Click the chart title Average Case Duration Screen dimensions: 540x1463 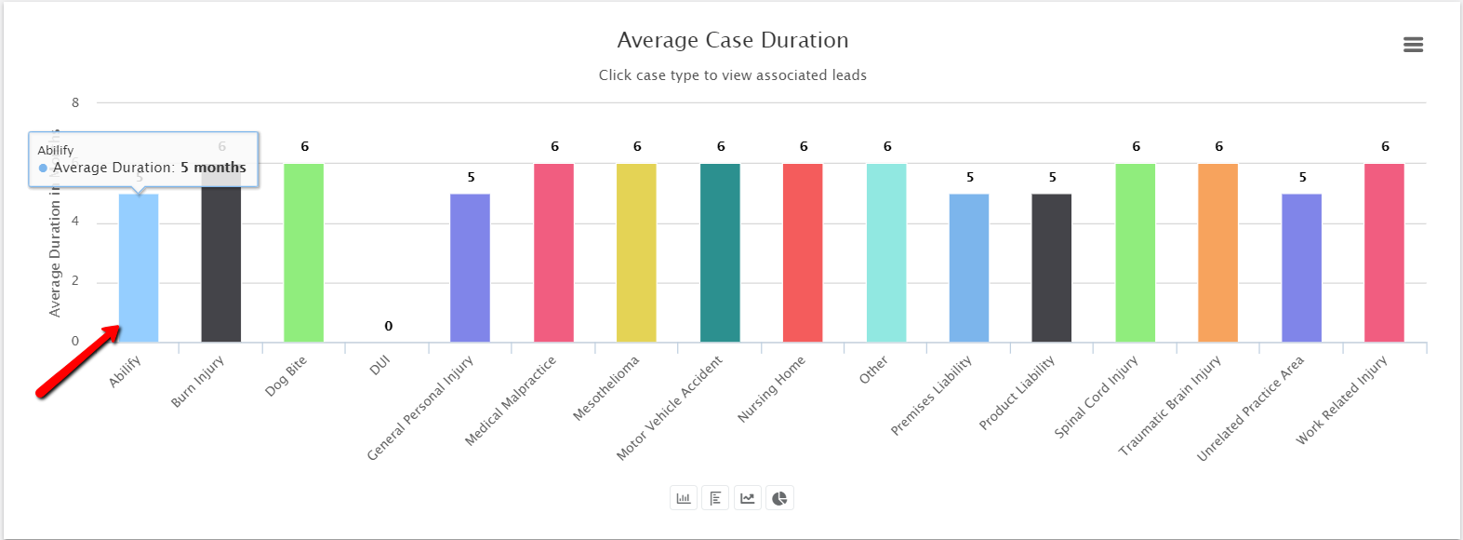point(733,40)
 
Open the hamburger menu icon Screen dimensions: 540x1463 point(1413,45)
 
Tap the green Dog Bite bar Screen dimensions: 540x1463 point(304,252)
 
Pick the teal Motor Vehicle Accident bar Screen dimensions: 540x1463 point(720,252)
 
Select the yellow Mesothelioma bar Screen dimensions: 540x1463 point(636,252)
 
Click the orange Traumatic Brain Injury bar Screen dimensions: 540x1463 point(1217,252)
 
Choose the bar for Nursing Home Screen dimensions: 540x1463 point(803,252)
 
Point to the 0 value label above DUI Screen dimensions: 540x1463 point(389,326)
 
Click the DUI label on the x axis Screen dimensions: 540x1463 point(379,366)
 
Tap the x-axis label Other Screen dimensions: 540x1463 point(873,370)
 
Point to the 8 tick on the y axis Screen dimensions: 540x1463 point(75,102)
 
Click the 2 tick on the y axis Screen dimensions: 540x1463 point(75,281)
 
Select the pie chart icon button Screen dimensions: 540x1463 point(779,498)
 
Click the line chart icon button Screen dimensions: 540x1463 point(748,498)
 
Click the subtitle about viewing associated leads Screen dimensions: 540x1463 point(733,75)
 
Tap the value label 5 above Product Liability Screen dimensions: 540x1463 point(1052,177)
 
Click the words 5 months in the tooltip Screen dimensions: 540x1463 point(213,168)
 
